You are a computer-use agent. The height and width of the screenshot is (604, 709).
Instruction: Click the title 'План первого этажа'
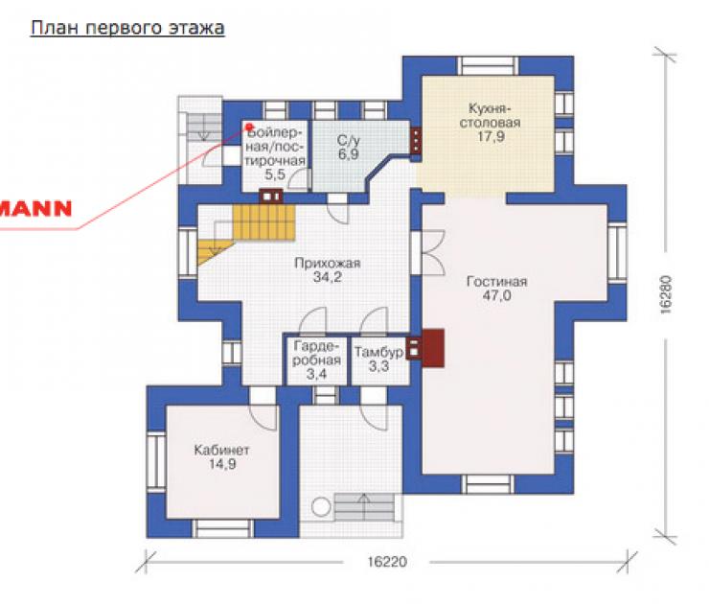(127, 29)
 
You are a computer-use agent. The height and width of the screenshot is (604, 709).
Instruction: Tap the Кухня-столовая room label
(490, 116)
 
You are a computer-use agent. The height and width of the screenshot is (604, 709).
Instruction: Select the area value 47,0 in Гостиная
(496, 296)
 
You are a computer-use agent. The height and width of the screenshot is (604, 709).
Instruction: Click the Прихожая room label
(328, 264)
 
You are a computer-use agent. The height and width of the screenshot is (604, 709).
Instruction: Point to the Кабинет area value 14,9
(222, 464)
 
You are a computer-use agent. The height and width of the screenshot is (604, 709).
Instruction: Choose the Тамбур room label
(378, 352)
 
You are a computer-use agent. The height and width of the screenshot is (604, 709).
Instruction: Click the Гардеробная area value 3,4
(316, 374)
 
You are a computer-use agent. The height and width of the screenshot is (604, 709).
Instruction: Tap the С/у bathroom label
(348, 141)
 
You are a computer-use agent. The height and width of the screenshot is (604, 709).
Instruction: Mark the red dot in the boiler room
(249, 128)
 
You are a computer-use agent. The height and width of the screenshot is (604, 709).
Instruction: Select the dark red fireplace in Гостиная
(433, 347)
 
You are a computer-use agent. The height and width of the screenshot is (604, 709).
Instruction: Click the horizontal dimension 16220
(387, 562)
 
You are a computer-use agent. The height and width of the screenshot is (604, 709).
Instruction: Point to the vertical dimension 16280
(666, 294)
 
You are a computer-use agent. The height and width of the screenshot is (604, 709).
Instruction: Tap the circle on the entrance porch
(322, 507)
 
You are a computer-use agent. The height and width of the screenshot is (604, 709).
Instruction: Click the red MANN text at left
(36, 209)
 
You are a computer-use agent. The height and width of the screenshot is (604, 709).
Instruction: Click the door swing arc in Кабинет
(263, 417)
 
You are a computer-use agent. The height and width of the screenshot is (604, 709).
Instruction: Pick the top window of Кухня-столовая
(488, 66)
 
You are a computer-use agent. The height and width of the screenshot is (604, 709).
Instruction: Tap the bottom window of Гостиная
(488, 484)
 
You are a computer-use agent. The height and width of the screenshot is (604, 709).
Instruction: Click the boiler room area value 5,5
(275, 174)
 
